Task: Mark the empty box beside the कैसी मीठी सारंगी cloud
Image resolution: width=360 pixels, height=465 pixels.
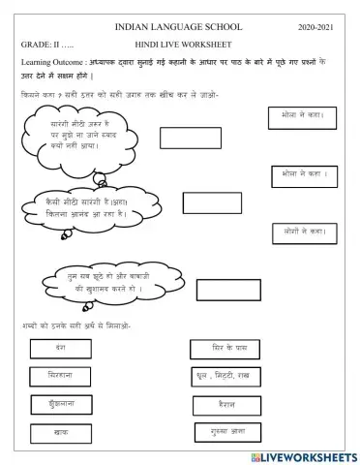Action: point(212,203)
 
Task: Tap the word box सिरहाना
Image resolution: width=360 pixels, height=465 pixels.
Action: point(62,375)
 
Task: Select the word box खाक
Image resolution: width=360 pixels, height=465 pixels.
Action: point(62,433)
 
